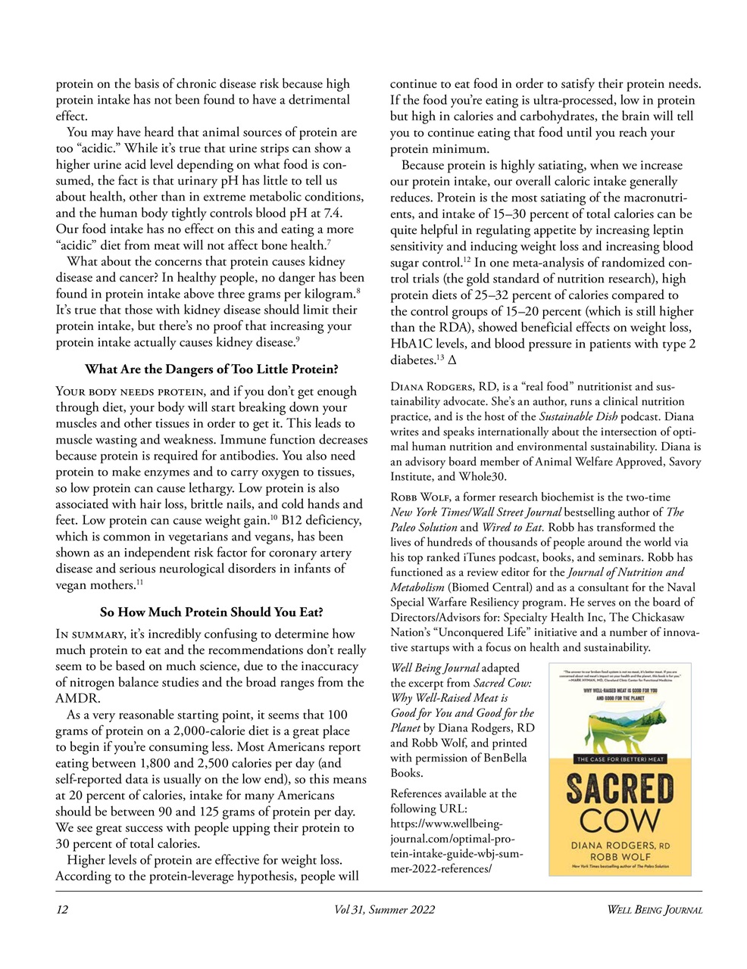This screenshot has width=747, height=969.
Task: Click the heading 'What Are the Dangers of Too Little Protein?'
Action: [x=211, y=369]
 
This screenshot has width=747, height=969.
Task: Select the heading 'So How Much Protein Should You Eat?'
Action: [x=211, y=612]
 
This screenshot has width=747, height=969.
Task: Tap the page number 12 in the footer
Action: [x=62, y=909]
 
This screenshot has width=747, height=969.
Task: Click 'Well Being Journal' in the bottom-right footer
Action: [x=655, y=909]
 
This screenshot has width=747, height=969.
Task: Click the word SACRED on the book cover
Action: [x=619, y=790]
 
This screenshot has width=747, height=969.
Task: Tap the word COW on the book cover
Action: [x=619, y=821]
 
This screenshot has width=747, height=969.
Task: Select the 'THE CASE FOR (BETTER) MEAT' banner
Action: [x=619, y=759]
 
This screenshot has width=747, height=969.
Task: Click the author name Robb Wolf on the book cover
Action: [x=619, y=855]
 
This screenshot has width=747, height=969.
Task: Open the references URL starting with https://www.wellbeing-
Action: [x=446, y=824]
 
